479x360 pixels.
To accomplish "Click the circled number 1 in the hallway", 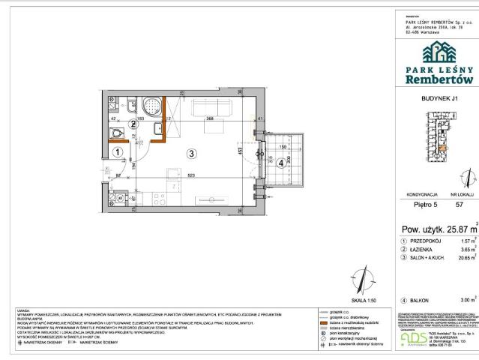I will [118, 151].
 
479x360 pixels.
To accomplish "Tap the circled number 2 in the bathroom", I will [133, 124].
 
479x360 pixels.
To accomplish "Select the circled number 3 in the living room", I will [192, 154].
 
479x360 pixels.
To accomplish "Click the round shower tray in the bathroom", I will [153, 108].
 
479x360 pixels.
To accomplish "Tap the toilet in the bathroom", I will [115, 133].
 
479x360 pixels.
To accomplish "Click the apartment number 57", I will [460, 204].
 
